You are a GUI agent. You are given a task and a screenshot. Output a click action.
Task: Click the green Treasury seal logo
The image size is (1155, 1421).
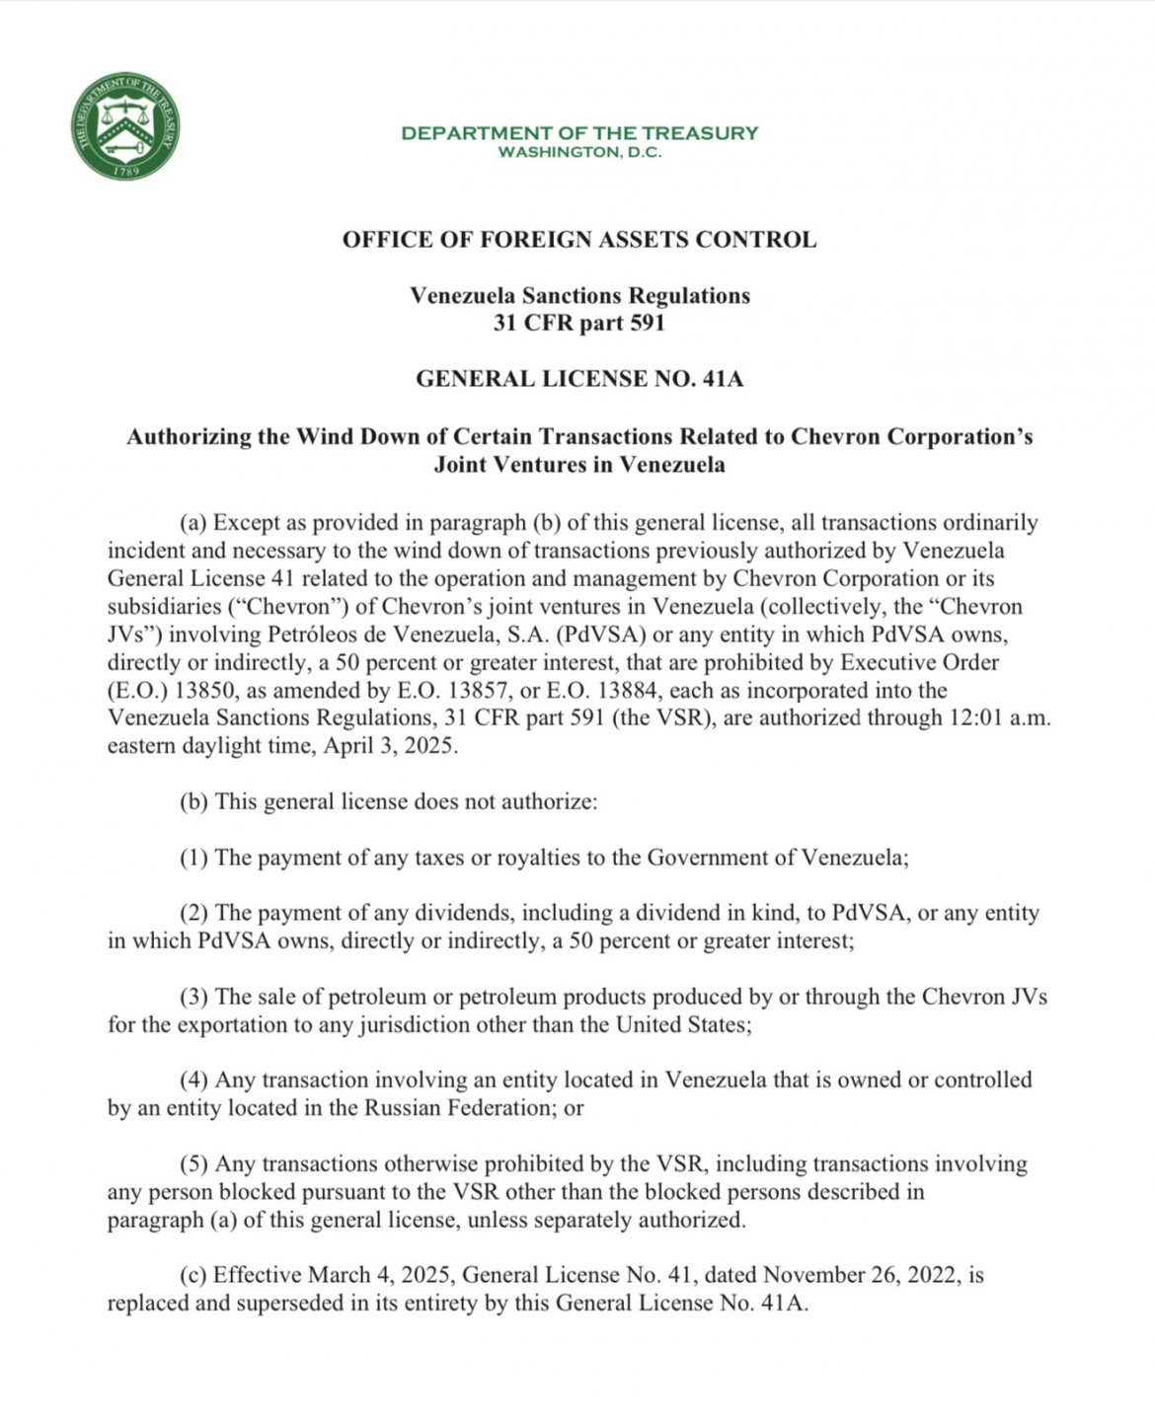125,126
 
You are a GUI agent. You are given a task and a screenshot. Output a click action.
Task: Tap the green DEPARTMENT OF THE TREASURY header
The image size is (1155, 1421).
579,132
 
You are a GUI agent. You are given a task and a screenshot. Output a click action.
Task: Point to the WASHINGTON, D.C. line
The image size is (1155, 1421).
579,153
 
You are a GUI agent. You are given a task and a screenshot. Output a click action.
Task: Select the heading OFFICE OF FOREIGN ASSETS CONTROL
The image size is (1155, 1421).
579,240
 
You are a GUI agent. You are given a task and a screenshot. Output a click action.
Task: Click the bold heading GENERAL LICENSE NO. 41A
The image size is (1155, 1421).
579,379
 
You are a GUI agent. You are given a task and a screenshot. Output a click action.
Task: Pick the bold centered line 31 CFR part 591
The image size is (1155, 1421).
579,323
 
